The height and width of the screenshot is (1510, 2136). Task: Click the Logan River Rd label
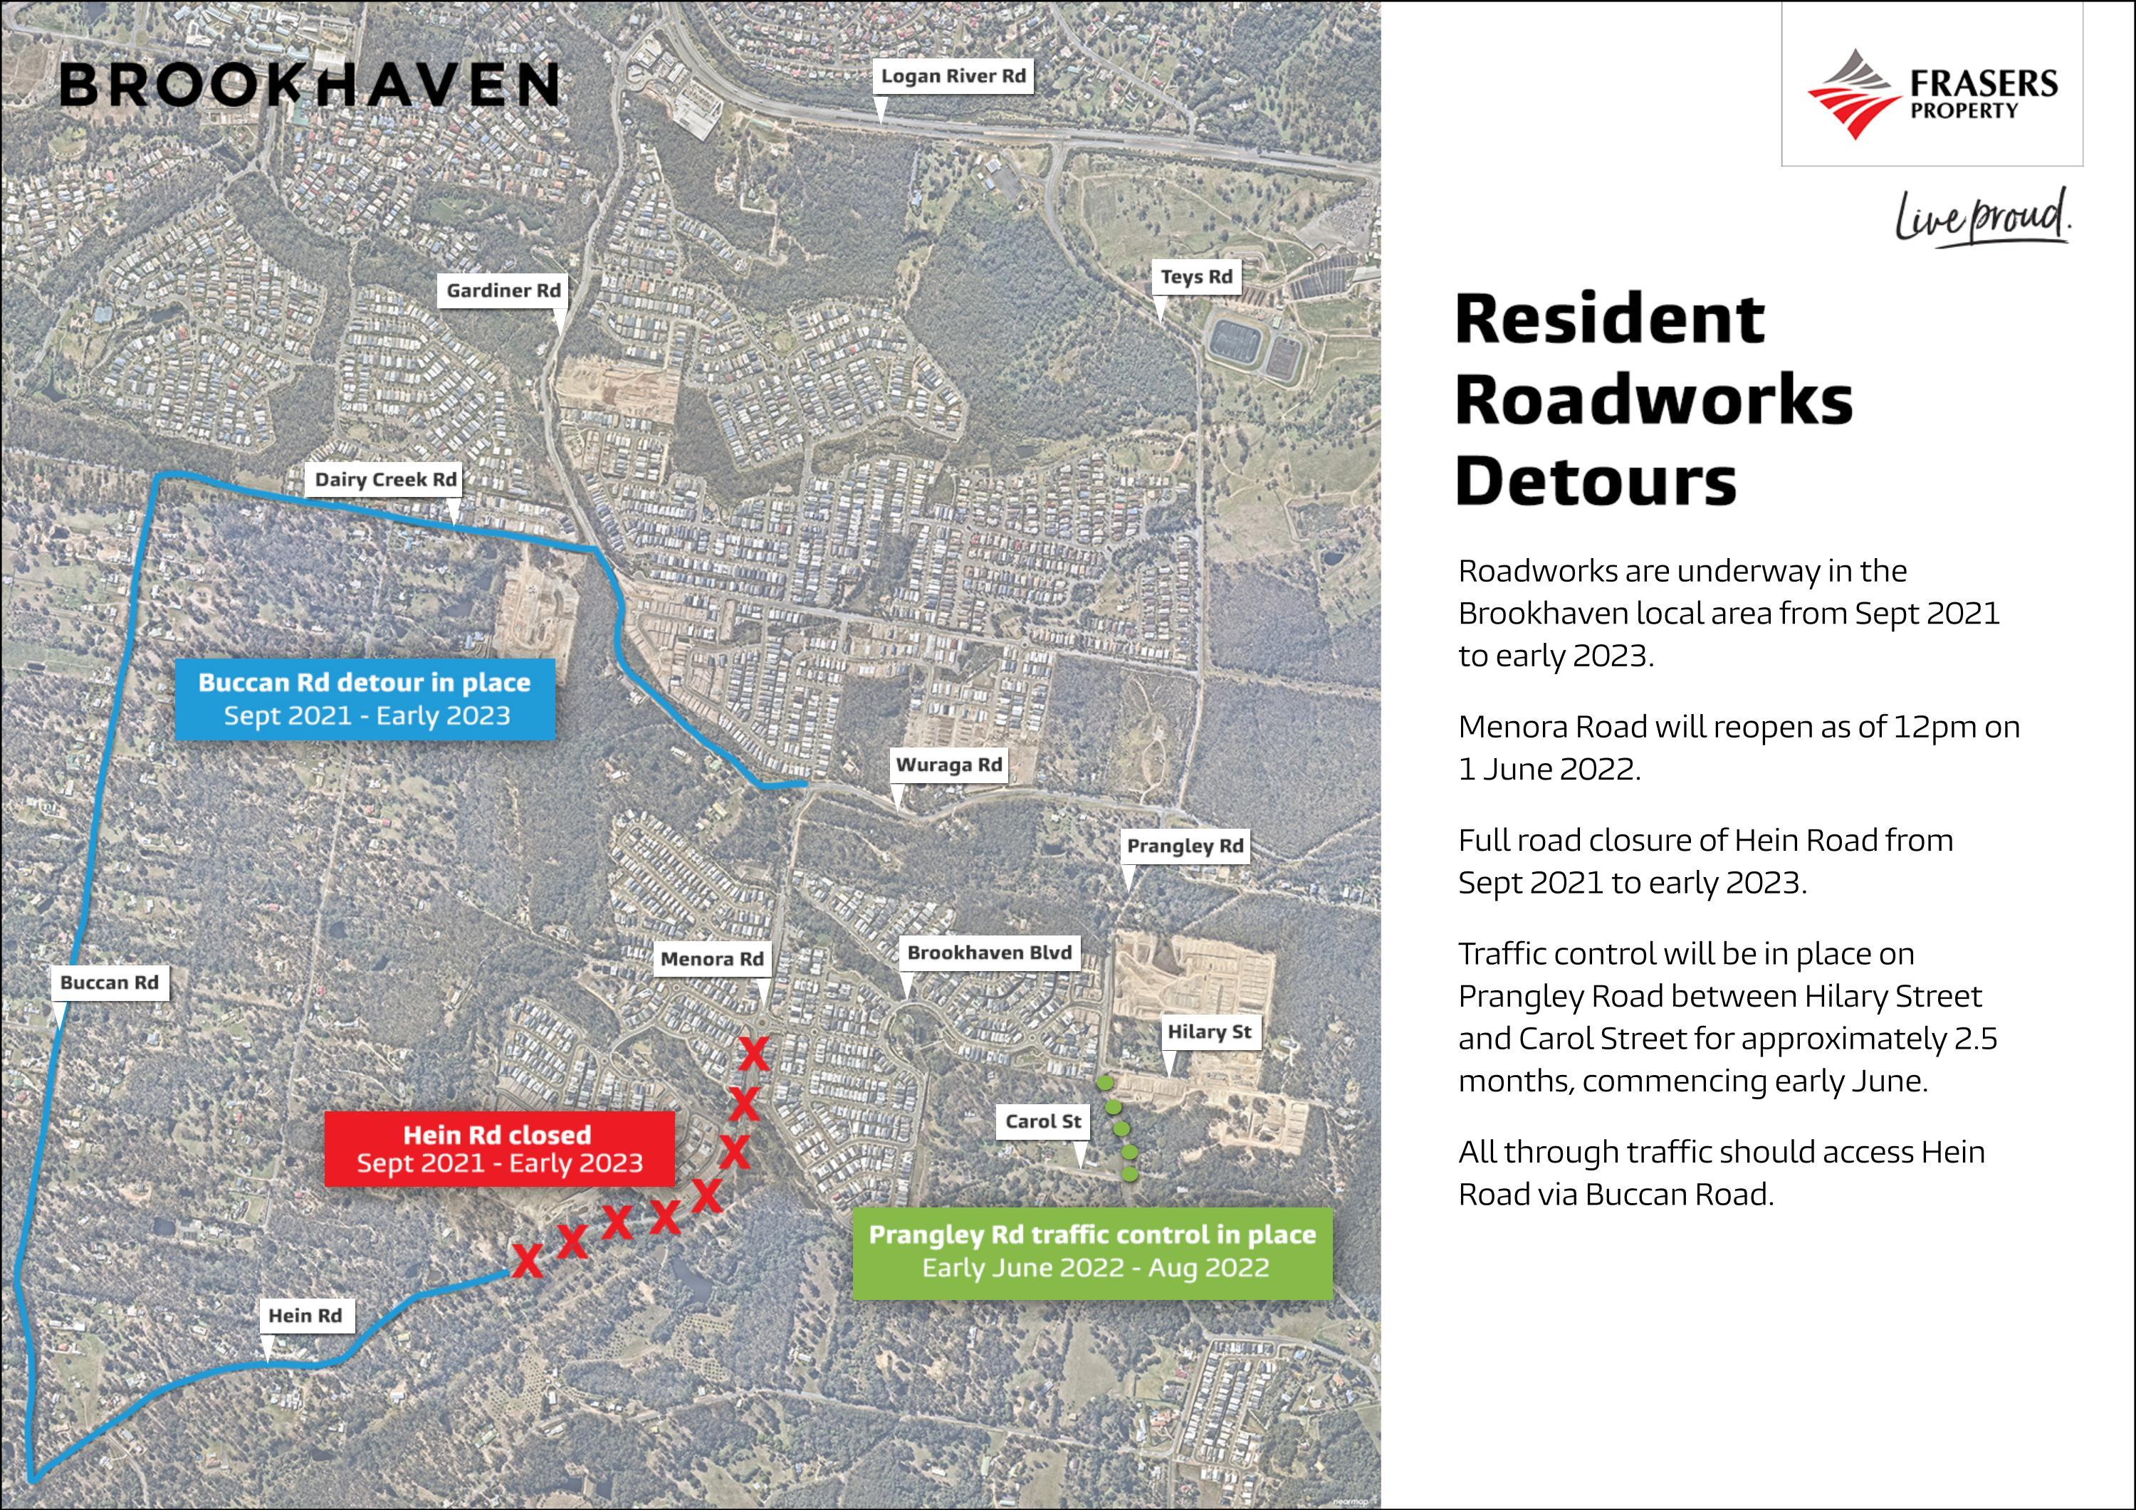click(x=953, y=76)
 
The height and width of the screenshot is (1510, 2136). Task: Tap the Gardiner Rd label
click(x=503, y=290)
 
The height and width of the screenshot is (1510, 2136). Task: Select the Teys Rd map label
click(x=1196, y=276)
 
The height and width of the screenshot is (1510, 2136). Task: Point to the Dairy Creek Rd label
click(x=385, y=480)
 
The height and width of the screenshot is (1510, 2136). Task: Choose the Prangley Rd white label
click(x=1184, y=846)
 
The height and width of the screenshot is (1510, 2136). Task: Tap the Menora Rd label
click(x=712, y=958)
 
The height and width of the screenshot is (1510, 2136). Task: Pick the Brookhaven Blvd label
click(x=989, y=953)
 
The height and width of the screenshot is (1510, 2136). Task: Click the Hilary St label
click(x=1208, y=1032)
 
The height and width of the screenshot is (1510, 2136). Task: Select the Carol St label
click(x=1043, y=1121)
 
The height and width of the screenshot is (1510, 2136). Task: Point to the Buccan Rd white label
click(x=110, y=982)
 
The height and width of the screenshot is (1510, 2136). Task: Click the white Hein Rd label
click(x=305, y=1316)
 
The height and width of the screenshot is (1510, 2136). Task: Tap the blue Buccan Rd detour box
click(x=365, y=698)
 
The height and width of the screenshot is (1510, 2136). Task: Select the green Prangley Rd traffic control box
click(x=1092, y=1252)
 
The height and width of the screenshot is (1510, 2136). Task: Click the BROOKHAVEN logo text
click(x=309, y=85)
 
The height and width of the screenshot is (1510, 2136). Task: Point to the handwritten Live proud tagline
click(x=1982, y=219)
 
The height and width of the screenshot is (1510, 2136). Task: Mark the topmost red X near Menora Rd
click(x=753, y=1054)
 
